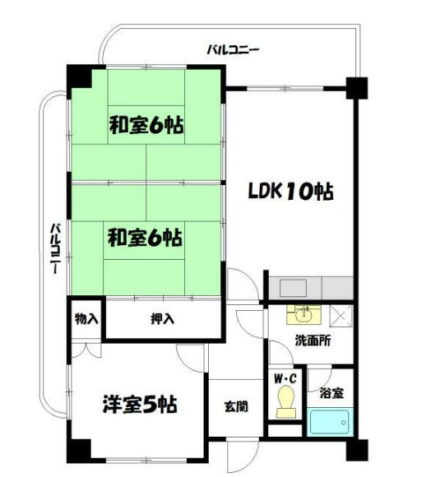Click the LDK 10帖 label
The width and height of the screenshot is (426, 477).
click(x=291, y=192)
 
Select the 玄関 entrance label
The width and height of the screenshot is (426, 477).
click(x=237, y=406)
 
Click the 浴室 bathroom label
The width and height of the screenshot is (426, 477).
click(x=331, y=393)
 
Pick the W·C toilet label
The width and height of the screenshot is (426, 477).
click(x=285, y=379)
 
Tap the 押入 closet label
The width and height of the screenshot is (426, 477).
click(x=161, y=318)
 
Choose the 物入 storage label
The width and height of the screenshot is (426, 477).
click(x=86, y=317)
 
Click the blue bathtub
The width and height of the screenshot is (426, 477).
click(x=331, y=423)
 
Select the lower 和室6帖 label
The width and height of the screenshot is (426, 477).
click(x=145, y=238)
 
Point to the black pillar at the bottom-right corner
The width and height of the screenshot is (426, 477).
click(x=356, y=452)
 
